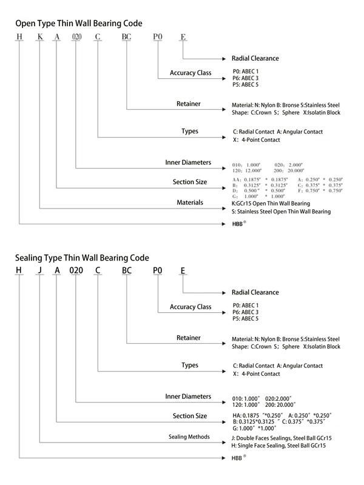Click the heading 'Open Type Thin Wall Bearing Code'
(79, 24)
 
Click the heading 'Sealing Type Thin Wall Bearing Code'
(82, 258)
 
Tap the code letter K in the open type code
(40, 38)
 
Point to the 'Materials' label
(190, 202)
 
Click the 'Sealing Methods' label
(189, 436)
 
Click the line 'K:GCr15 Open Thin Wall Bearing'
(271, 203)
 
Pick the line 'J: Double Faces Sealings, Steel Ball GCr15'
(281, 438)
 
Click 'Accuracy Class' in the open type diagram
(190, 73)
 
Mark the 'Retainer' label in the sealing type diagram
(189, 338)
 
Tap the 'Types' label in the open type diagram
(190, 131)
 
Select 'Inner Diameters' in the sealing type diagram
(188, 396)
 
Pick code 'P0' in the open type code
(158, 38)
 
